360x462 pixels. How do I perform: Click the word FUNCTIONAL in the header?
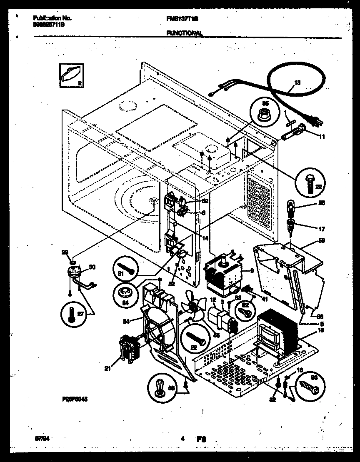(x=184, y=33)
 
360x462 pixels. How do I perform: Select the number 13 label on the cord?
(x=296, y=83)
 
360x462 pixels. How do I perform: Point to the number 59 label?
(x=321, y=241)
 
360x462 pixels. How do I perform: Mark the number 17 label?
(x=321, y=229)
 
